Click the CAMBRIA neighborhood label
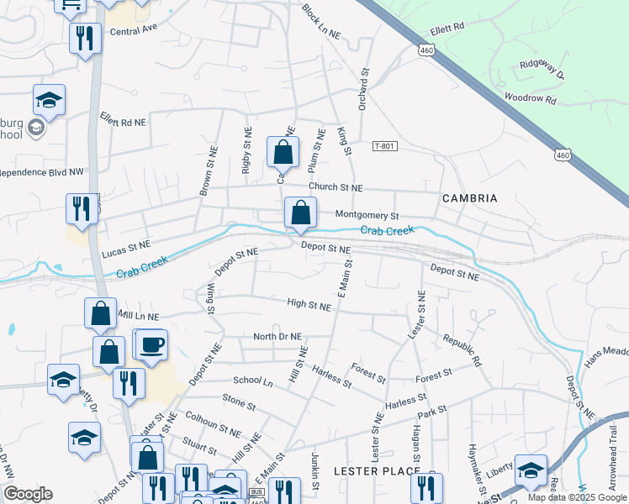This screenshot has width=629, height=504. click(469, 198)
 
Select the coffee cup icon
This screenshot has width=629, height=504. click(151, 346)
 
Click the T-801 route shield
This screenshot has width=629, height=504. click(384, 146)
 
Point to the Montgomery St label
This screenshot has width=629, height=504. click(366, 215)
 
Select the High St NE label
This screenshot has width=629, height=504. click(309, 307)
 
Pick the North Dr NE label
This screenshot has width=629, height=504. click(277, 337)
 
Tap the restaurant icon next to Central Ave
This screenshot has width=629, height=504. click(85, 39)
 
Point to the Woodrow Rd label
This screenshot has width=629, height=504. click(531, 98)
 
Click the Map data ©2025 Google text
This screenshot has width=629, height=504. click(577, 497)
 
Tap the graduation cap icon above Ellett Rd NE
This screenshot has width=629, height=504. click(49, 101)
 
